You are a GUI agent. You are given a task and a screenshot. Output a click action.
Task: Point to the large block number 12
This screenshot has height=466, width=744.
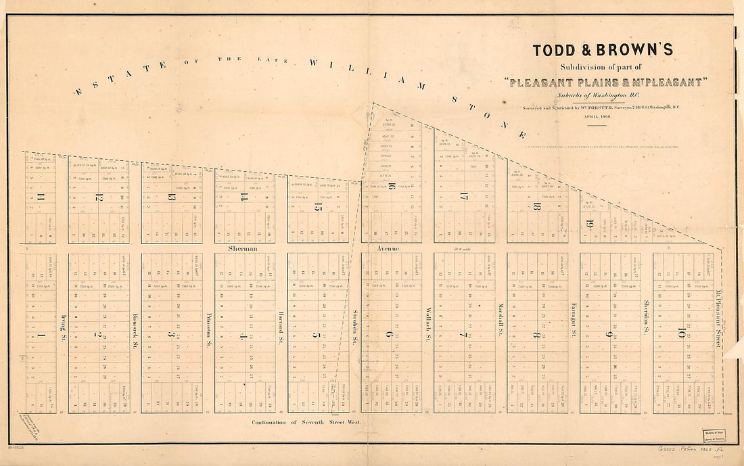click(99, 197)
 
